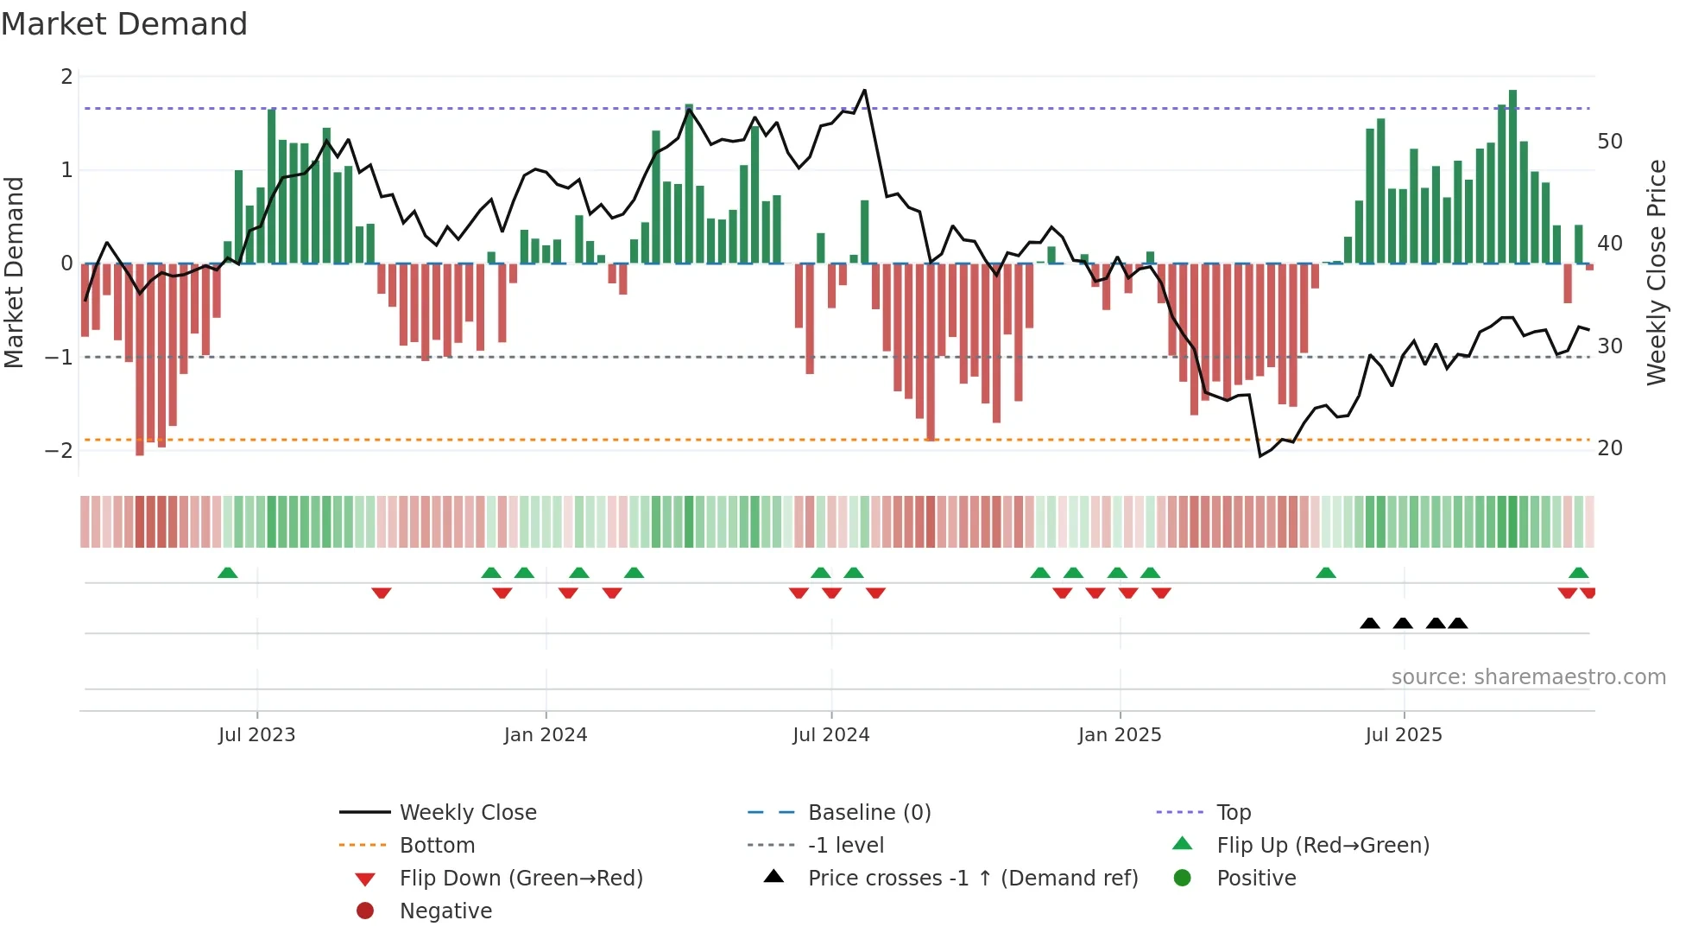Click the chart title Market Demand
coord(124,24)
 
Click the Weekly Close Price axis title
coord(1656,272)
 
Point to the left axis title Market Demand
coord(14,272)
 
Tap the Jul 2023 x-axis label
coord(256,735)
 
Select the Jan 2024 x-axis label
coord(545,735)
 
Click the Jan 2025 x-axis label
coord(1119,735)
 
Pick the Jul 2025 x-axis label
coord(1403,735)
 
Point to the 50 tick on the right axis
coord(1609,142)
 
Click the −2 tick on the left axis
coord(59,450)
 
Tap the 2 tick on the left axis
coord(66,77)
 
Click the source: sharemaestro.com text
coord(1528,677)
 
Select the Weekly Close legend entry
coord(467,813)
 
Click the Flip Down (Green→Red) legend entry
coord(521,879)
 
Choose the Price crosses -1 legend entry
coord(972,879)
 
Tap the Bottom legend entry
coord(437,846)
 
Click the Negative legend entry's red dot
coord(365,911)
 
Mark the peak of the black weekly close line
coord(864,90)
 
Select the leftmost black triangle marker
coord(1369,623)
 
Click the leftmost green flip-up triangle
coord(227,573)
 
